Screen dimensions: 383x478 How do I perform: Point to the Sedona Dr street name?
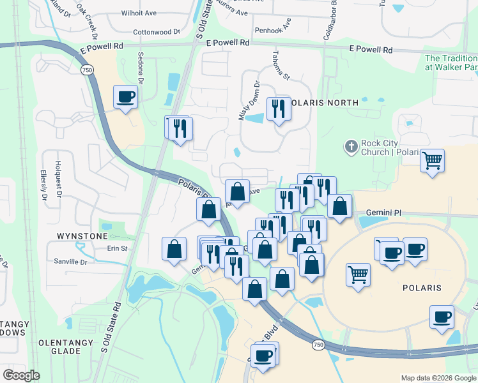click(140, 63)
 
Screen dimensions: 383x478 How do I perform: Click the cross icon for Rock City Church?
click(350, 147)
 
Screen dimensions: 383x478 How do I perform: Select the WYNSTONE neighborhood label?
click(82, 236)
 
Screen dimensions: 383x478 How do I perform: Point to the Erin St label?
click(118, 248)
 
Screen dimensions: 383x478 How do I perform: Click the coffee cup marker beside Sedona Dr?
click(125, 98)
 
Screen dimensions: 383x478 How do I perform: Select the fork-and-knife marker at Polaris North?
click(278, 109)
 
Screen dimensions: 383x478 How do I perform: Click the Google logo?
click(21, 375)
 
